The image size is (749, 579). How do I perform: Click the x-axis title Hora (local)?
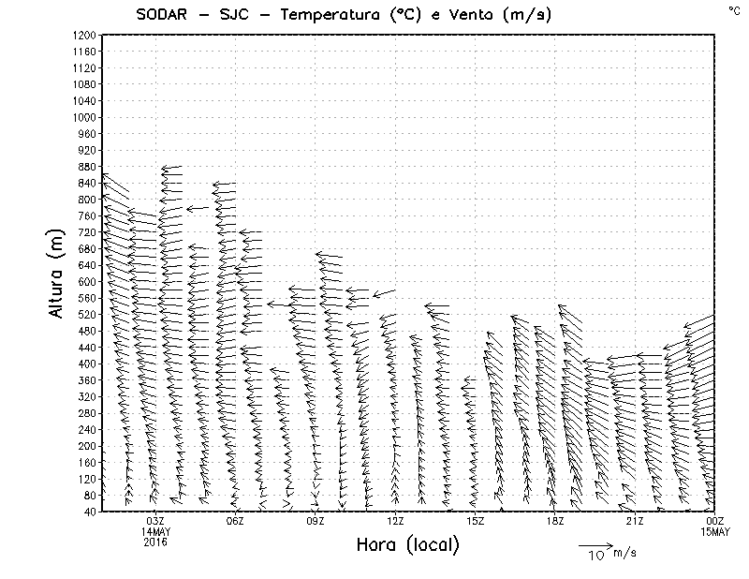coord(407,544)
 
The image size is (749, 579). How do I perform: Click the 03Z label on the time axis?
coord(155,521)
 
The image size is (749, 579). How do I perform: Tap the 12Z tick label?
coord(395,521)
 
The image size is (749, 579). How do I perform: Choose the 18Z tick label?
coord(555,521)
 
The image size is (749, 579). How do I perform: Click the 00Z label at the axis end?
coord(714,521)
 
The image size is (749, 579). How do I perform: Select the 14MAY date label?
coord(155,531)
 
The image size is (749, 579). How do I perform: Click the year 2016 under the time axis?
coord(155,542)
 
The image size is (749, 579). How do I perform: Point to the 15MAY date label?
coord(714,531)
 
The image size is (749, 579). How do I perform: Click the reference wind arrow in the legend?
coord(594,544)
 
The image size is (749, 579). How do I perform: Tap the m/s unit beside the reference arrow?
coord(624,553)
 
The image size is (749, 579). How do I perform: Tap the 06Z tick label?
coord(235,521)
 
